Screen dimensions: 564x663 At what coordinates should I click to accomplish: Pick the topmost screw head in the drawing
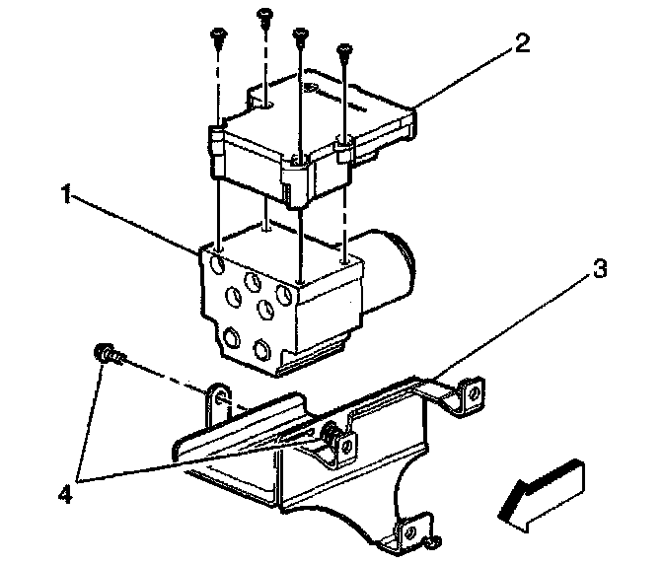coord(263,13)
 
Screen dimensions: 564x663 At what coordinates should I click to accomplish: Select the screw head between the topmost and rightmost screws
coord(299,32)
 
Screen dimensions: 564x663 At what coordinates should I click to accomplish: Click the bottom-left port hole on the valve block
coord(232,337)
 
